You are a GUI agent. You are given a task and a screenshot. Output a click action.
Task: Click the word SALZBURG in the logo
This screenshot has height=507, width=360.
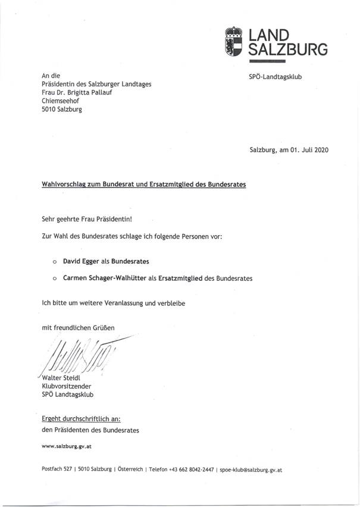[287, 49]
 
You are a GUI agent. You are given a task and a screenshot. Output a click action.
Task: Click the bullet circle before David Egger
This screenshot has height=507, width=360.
[54, 261]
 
